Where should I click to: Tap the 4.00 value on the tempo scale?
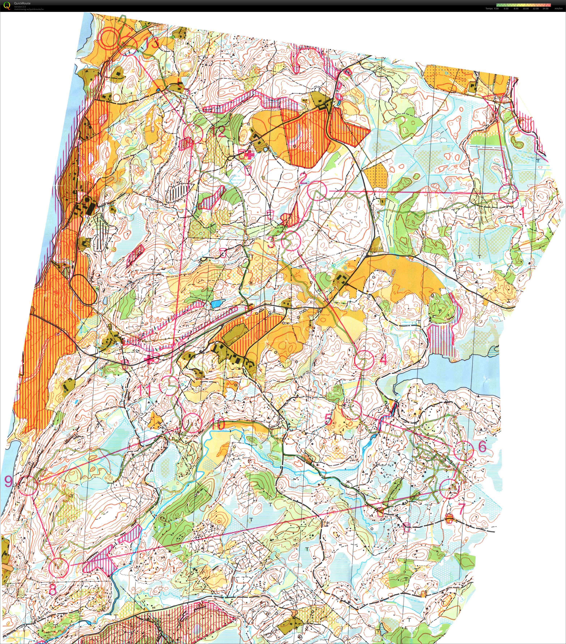tap(496, 8)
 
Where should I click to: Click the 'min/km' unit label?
tap(558, 8)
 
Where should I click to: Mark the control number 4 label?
tap(383, 359)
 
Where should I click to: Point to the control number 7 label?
tap(462, 508)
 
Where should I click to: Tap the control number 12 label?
tap(218, 131)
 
